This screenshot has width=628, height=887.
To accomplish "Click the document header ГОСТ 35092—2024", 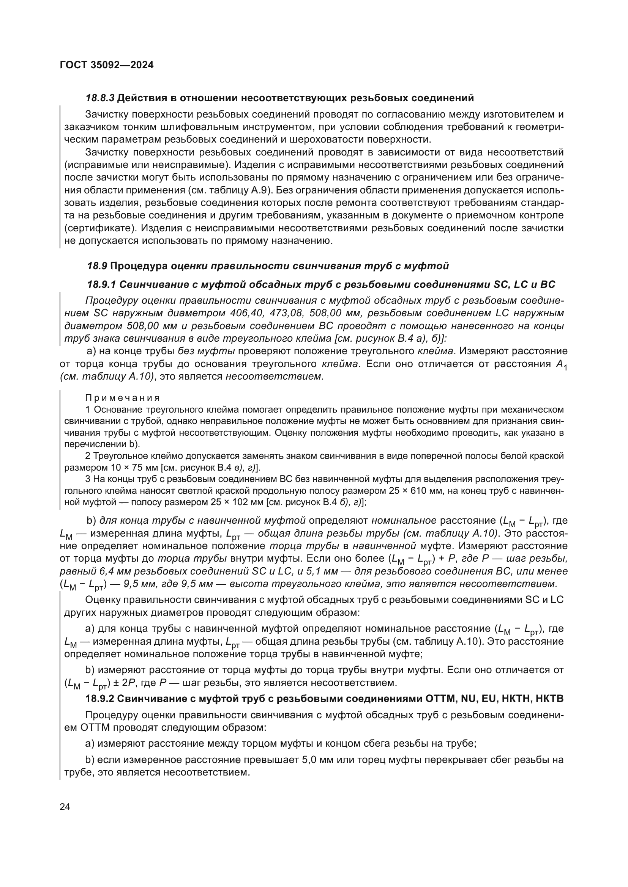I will tap(107, 65).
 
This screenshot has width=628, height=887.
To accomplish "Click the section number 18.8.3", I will tap(100, 98).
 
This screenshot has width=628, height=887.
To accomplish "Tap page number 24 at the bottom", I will tap(65, 807).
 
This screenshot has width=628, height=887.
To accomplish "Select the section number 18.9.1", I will tap(101, 285).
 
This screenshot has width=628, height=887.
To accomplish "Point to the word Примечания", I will tap(122, 398).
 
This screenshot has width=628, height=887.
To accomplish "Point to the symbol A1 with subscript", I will tap(562, 365).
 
